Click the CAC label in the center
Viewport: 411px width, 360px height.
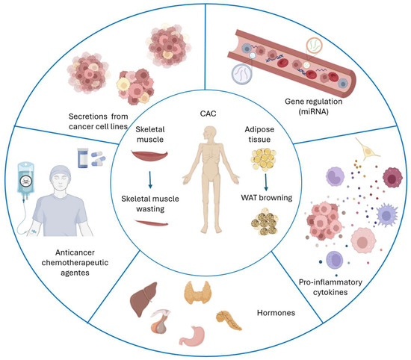(x=203, y=114)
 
